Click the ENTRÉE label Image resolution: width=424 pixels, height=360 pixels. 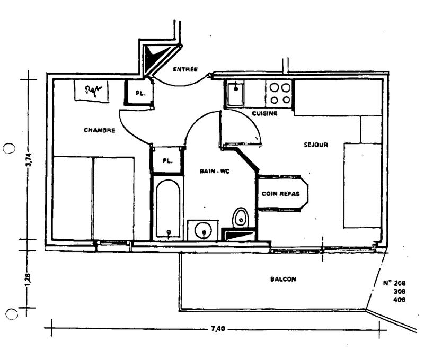coord(185,69)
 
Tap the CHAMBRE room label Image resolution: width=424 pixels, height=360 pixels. coord(99,130)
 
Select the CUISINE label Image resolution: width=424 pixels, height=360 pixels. coord(264,113)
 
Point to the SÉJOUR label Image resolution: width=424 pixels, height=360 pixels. coord(316,145)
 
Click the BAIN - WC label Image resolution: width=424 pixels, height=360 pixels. coord(214,171)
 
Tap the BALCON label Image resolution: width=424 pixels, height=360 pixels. coord(282,279)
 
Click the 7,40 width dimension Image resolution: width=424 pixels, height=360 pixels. coord(218,329)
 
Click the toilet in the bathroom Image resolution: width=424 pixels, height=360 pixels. coord(241,217)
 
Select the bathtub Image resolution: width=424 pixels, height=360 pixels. coord(169,210)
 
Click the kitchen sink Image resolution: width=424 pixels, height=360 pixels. coord(234,94)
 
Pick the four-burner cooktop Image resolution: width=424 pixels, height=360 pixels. coord(279,94)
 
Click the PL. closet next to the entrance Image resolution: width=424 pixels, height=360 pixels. coord(139,93)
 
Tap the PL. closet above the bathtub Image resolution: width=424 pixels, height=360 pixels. coord(167,160)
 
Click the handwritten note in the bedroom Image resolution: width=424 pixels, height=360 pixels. coord(92,91)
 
